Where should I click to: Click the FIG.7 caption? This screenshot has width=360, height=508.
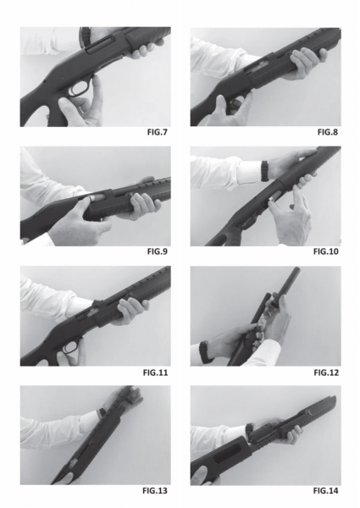158,132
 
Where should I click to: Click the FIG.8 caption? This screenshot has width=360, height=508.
328,132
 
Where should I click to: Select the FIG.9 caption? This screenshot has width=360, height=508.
158,251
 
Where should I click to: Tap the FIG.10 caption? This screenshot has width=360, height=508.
325,251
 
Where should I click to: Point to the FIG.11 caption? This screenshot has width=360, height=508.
156,373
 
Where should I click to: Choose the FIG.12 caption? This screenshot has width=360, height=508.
326,373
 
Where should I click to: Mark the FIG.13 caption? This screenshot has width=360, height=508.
155,491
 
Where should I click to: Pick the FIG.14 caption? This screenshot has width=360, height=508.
325,491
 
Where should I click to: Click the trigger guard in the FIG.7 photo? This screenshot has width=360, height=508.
77,90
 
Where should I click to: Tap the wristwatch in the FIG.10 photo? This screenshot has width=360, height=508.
265,171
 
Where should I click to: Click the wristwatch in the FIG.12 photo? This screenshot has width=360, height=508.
204,352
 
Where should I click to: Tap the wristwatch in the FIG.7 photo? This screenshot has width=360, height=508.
85,35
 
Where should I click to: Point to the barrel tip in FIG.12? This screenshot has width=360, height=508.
296,269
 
